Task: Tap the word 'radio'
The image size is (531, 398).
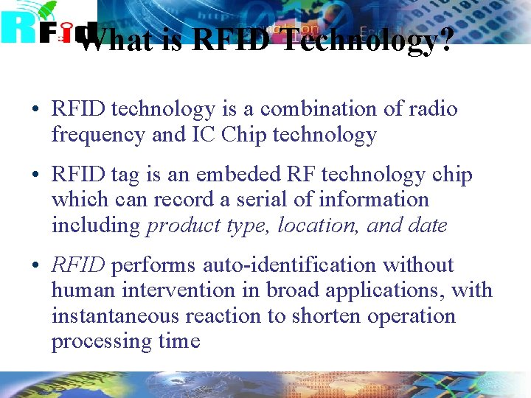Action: [x=431, y=109]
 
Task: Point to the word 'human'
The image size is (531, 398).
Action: [x=83, y=290]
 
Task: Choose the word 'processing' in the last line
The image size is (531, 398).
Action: [x=100, y=341]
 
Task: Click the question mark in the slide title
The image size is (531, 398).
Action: [x=442, y=41]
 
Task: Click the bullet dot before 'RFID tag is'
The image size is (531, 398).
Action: [x=35, y=175]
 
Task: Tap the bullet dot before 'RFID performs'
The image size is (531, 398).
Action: [x=35, y=266]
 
